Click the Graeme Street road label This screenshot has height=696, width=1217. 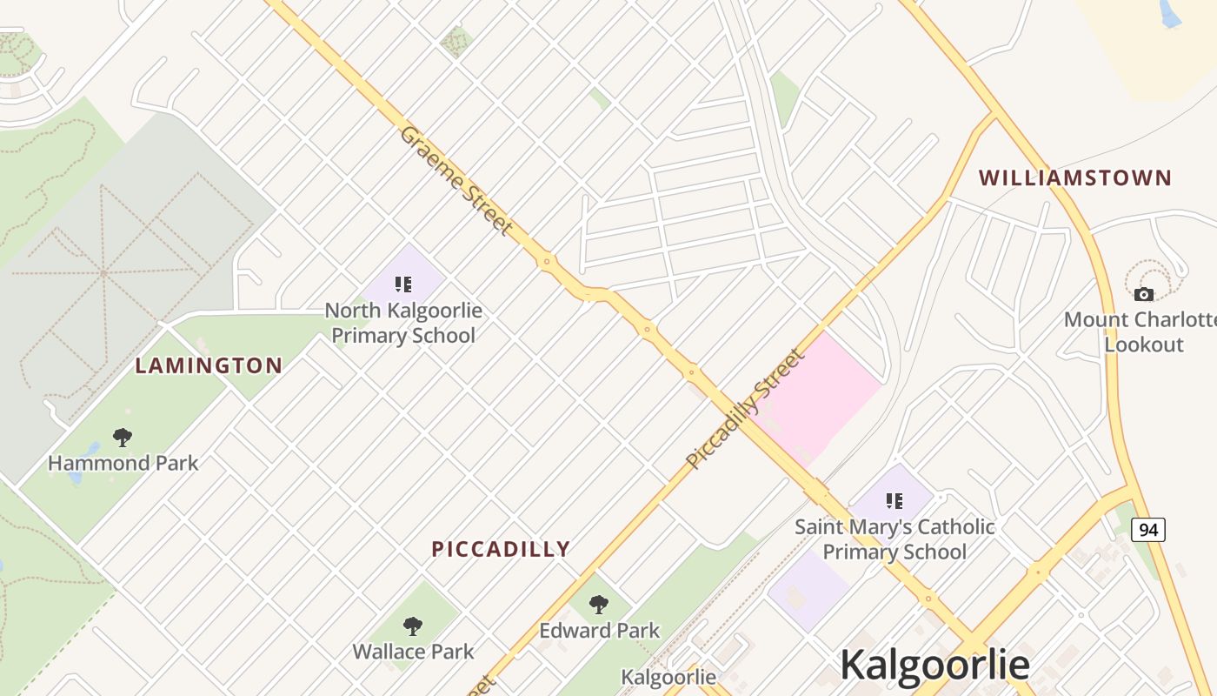[x=456, y=180]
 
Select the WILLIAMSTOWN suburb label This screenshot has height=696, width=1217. [x=1075, y=178]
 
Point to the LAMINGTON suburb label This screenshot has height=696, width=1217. [x=209, y=366]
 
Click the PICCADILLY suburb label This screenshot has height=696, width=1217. [x=501, y=549]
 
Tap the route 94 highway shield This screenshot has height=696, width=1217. [x=1147, y=529]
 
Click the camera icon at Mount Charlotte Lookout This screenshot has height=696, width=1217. [x=1144, y=294]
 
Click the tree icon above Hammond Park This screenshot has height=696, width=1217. [x=123, y=437]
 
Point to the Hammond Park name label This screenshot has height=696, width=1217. [x=123, y=463]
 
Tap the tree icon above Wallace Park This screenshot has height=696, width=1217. [x=413, y=626]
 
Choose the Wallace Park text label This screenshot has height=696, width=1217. [x=413, y=652]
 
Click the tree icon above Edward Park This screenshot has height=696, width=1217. [x=599, y=604]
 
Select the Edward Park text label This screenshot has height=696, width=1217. [x=600, y=631]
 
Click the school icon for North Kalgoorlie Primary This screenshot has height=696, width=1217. [x=402, y=284]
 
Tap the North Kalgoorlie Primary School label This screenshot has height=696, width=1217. [x=403, y=323]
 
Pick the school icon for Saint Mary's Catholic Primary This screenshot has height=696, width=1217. [x=894, y=500]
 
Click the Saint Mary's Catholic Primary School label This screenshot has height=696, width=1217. [x=894, y=539]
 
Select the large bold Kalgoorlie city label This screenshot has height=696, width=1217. [x=934, y=666]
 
